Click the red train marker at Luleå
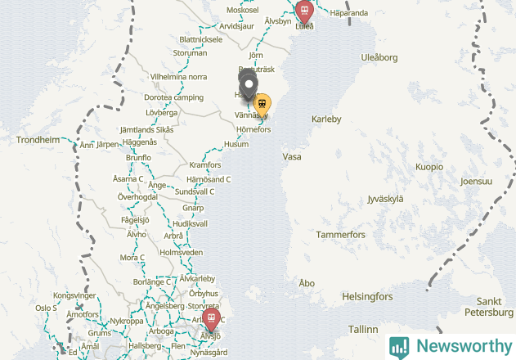pyautogui.click(x=304, y=11)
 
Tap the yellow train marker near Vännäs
pyautogui.click(x=262, y=104)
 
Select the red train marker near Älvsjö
pyautogui.click(x=212, y=318)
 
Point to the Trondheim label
pyautogui.click(x=38, y=140)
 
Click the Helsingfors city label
pyautogui.click(x=367, y=296)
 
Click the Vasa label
pyautogui.click(x=291, y=156)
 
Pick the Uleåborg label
pyautogui.click(x=379, y=57)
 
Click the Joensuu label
pyautogui.click(x=476, y=181)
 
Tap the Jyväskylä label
pyautogui.click(x=385, y=198)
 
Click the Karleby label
pyautogui.click(x=326, y=119)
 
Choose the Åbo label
pyautogui.click(x=307, y=283)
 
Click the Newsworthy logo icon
pyautogui.click(x=399, y=346)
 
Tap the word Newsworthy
pyautogui.click(x=461, y=346)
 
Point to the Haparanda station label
pyautogui.click(x=348, y=13)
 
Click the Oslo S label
pyautogui.click(x=46, y=308)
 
